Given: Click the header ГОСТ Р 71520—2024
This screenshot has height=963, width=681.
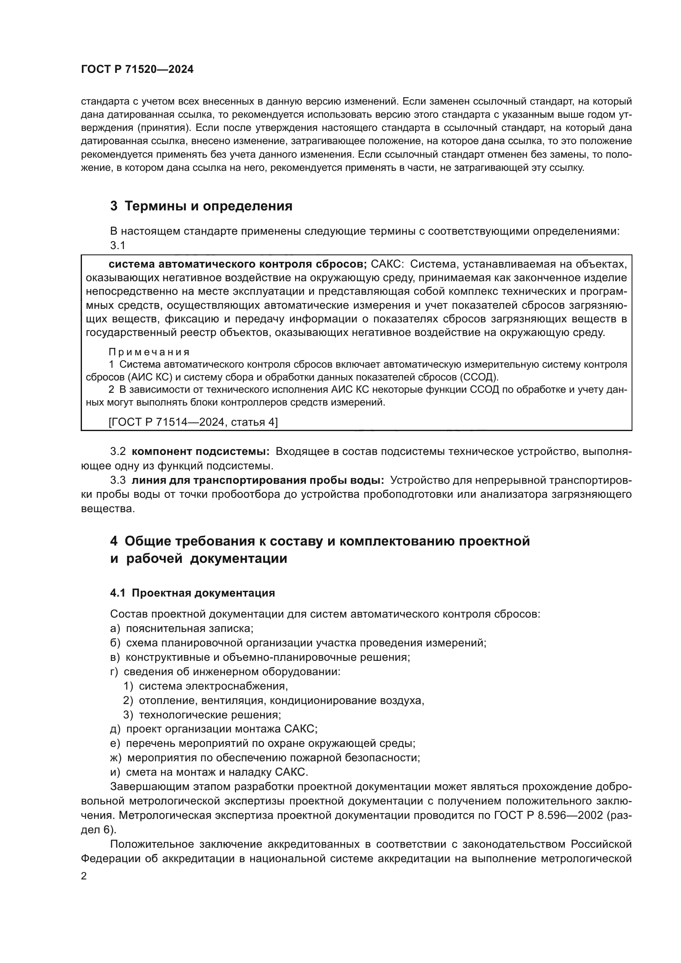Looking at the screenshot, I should coord(137,70).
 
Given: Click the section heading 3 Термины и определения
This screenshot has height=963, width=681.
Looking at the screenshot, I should coord(201,206).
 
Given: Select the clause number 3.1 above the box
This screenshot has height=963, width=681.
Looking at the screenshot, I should coord(117,245).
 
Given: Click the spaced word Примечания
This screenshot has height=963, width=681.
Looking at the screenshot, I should coord(149,352).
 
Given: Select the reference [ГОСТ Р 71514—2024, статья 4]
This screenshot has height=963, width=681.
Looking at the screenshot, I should coord(193,422).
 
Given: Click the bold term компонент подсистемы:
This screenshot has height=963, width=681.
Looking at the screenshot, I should coord(201,451).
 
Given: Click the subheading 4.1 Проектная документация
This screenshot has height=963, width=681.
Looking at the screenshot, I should coord(192,592).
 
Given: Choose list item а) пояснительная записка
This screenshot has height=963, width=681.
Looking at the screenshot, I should coord(182,628).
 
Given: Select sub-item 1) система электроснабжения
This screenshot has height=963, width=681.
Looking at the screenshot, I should coord(205,686).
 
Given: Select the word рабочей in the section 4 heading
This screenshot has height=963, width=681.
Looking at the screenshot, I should coord(155,559).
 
